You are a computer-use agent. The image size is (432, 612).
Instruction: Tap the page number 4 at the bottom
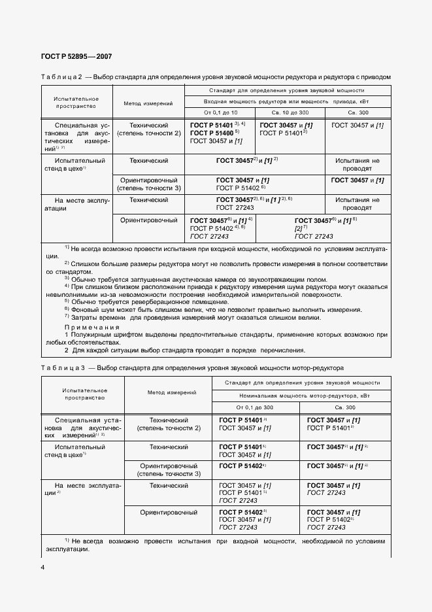[42, 567]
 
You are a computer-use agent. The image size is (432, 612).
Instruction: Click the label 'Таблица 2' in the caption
[61, 76]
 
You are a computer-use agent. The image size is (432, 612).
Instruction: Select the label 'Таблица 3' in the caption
[61, 368]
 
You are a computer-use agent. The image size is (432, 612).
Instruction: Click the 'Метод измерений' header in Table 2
[148, 103]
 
